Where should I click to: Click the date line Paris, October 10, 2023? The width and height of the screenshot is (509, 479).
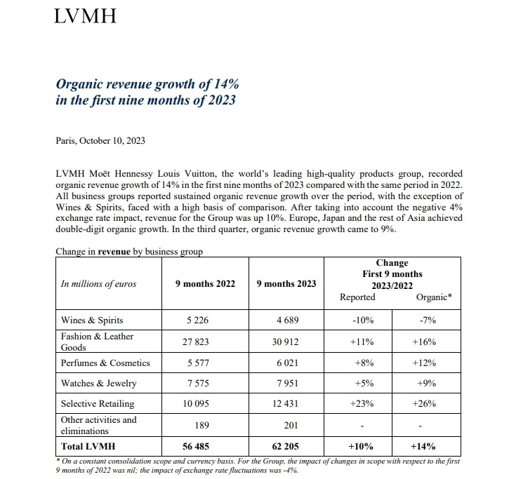click(100, 140)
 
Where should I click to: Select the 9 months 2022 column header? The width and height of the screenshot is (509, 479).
click(205, 283)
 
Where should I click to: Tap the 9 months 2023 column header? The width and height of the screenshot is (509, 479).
click(286, 283)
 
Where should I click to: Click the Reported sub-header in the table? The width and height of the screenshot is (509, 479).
click(357, 297)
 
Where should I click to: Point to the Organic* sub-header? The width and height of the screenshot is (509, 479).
click(434, 297)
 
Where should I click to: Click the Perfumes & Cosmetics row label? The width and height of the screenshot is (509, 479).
click(105, 363)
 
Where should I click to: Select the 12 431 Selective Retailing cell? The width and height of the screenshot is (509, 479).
click(286, 404)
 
